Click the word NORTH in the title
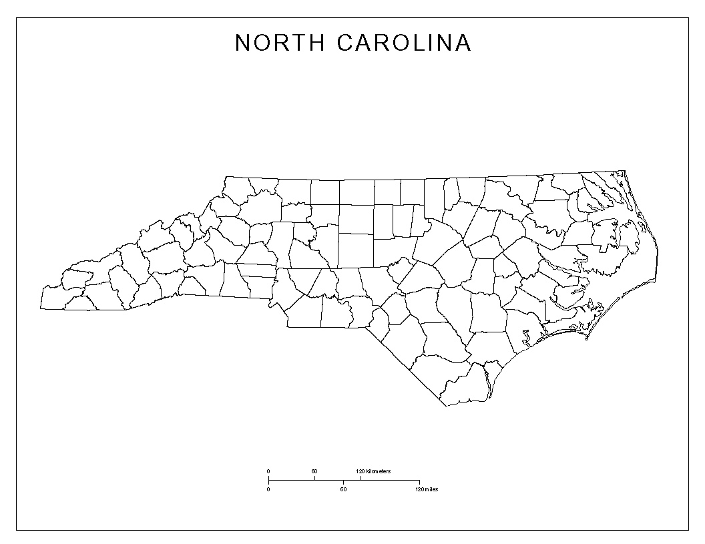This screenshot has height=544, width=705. click(280, 43)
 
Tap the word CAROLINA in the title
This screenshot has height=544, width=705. click(405, 43)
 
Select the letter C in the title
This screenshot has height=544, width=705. click(346, 43)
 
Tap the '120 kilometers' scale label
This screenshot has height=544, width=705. click(373, 472)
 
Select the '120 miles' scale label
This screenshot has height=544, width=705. click(427, 489)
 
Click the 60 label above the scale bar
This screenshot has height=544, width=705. click(314, 472)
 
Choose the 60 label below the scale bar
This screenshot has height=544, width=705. click(343, 489)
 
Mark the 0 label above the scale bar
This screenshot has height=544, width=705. click(268, 472)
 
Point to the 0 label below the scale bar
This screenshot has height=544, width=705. click(268, 489)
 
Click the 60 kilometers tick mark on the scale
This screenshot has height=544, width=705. click(314, 478)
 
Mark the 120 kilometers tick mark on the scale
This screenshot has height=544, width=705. click(361, 478)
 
